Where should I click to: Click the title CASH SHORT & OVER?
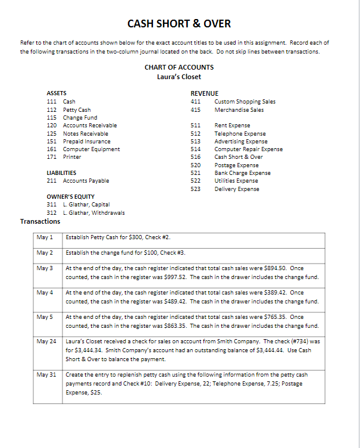point(179,24)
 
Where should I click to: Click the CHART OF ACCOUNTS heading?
point(179,67)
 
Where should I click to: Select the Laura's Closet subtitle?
point(179,77)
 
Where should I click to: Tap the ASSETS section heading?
point(57,93)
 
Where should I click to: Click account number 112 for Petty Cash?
point(51,109)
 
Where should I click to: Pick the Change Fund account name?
point(80,117)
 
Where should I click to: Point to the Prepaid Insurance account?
point(86,141)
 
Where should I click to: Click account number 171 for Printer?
point(51,156)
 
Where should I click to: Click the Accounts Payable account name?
point(86,180)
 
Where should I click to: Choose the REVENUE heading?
point(204,93)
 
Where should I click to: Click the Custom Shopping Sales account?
point(245,101)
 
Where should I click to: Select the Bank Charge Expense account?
point(242,173)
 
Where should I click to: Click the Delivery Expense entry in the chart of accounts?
point(237,189)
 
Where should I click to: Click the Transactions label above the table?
point(40,221)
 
